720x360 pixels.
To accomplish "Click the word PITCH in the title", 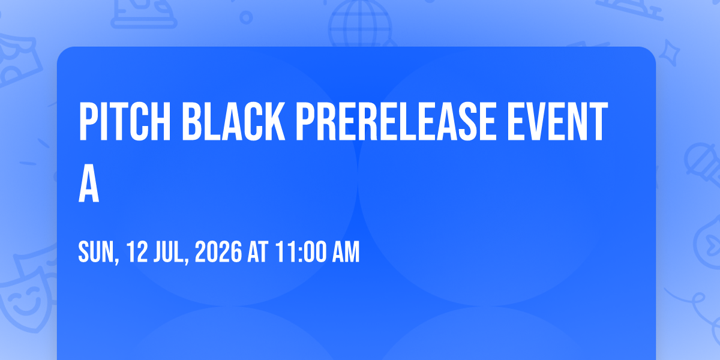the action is (x=125, y=122).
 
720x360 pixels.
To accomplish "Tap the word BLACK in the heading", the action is (x=233, y=122).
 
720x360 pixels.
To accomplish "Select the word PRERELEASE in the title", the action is (x=395, y=122).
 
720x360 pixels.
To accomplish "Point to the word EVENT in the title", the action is (x=557, y=122).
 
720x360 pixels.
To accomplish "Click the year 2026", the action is (x=218, y=252).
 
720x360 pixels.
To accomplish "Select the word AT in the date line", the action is (x=258, y=252).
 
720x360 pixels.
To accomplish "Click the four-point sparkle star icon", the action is (x=669, y=52).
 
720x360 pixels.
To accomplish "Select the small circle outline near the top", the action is (x=246, y=17).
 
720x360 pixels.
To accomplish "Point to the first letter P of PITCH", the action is (x=88, y=122).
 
